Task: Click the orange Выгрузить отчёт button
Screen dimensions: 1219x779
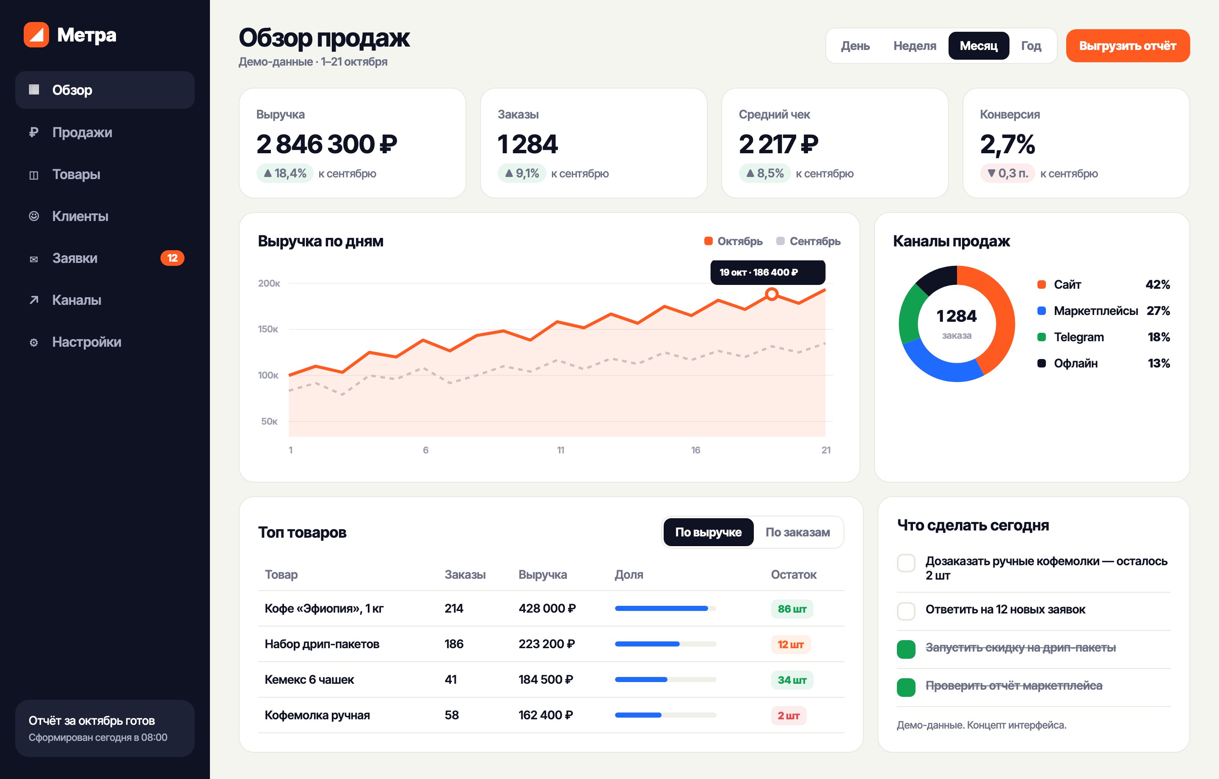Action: (1128, 46)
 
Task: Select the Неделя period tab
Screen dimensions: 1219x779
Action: (914, 46)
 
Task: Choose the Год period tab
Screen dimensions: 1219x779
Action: (1031, 46)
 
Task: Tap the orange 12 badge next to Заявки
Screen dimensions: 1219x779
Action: (172, 258)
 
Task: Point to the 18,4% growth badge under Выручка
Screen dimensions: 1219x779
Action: (285, 173)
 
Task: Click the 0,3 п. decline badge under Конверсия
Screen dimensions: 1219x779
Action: (1007, 173)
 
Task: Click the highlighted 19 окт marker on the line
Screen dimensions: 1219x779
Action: (772, 294)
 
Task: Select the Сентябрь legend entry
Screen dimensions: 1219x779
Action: (808, 241)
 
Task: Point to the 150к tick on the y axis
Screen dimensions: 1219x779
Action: (268, 329)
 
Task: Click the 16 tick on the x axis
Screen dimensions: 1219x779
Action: (695, 450)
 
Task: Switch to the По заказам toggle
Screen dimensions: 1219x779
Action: (797, 532)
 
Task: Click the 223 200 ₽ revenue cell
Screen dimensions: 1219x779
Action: (547, 644)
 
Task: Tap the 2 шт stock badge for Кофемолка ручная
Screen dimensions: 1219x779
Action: (789, 715)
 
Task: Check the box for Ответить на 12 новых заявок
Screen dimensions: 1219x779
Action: (906, 611)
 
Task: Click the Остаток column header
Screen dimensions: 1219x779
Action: (793, 575)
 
